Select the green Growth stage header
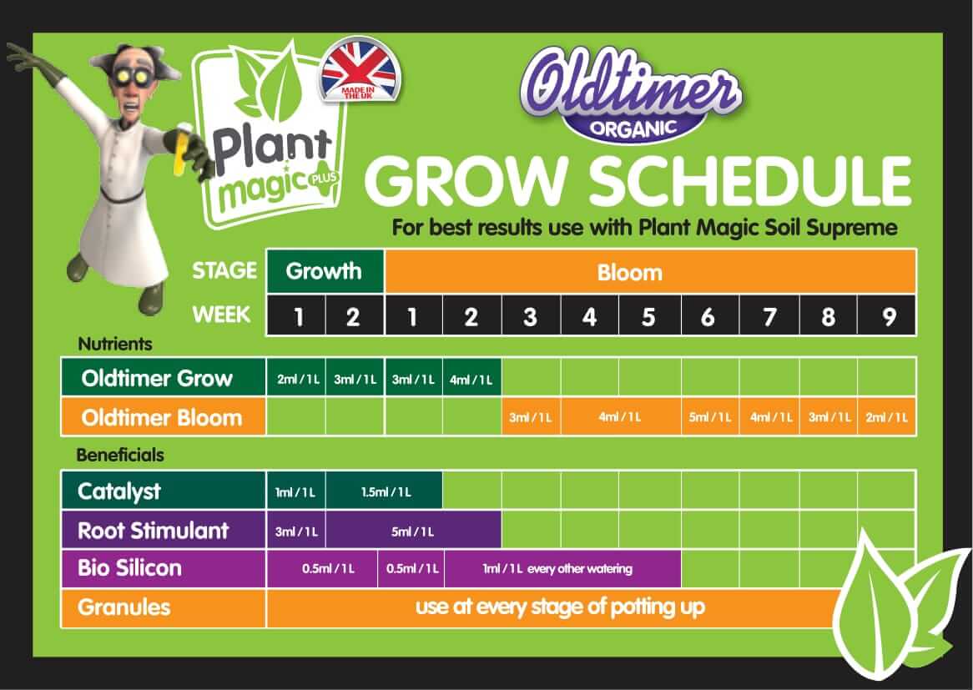[x=325, y=271]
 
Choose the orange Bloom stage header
[x=650, y=272]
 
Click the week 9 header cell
[x=887, y=317]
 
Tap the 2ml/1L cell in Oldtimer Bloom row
[x=887, y=417]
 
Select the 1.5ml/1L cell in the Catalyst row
[x=385, y=491]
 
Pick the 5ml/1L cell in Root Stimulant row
[x=413, y=531]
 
